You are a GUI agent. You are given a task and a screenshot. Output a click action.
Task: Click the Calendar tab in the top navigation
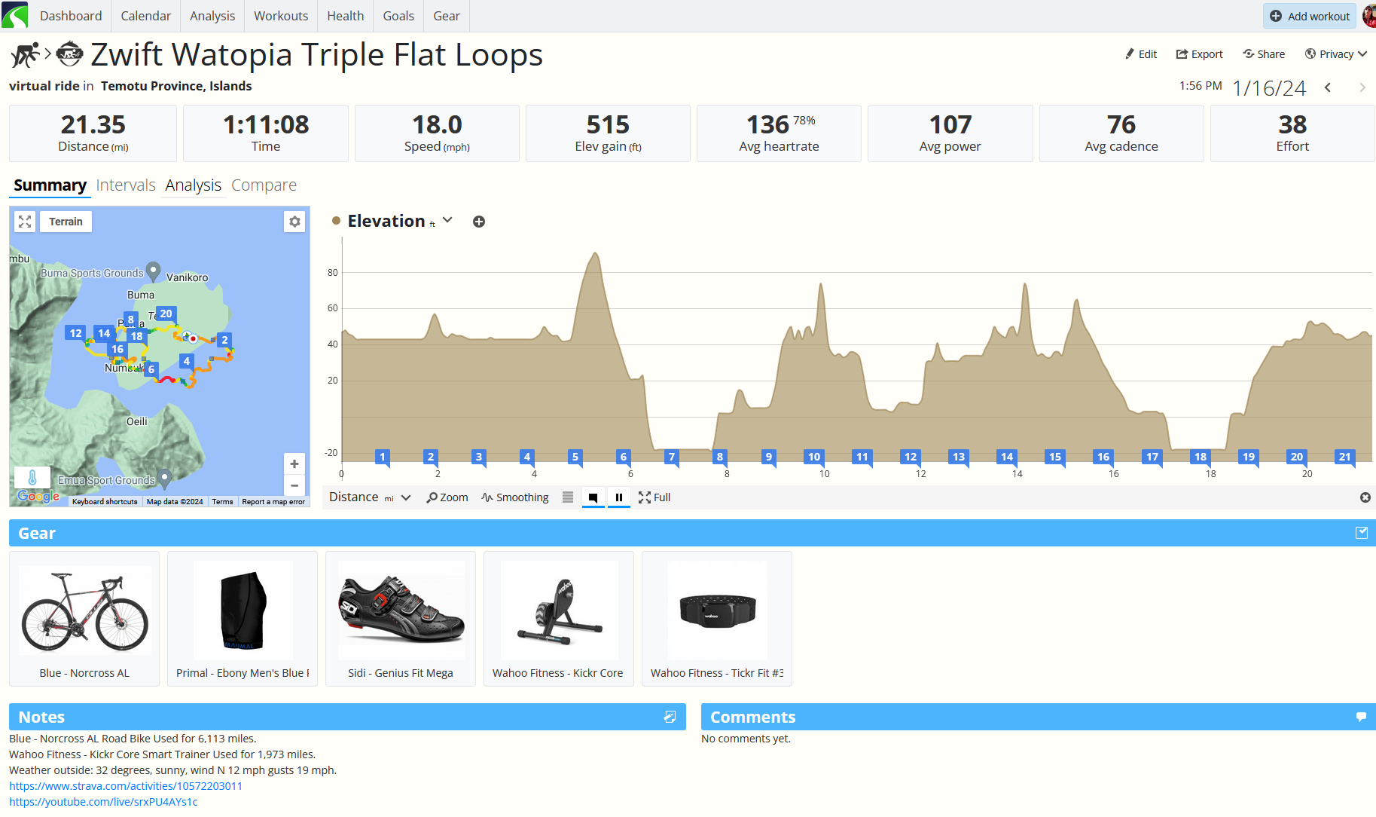pyautogui.click(x=145, y=16)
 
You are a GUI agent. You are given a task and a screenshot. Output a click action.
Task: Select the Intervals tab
pyautogui.click(x=126, y=185)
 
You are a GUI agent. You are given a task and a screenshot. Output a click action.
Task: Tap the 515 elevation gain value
pyautogui.click(x=608, y=124)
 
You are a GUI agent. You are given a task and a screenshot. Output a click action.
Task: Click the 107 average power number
pyautogui.click(x=950, y=124)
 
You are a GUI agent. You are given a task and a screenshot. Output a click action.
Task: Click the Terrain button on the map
pyautogui.click(x=66, y=222)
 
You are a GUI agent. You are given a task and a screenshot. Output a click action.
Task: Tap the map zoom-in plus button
pyautogui.click(x=294, y=464)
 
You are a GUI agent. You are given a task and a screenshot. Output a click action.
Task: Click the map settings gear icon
pyautogui.click(x=294, y=222)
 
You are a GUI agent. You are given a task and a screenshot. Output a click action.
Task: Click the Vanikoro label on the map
pyautogui.click(x=187, y=277)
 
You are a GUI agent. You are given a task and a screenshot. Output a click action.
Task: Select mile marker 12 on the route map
pyautogui.click(x=75, y=333)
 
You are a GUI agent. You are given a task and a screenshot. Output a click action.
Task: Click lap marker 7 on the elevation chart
pyautogui.click(x=672, y=457)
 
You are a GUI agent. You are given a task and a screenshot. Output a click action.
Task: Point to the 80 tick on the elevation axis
pyautogui.click(x=333, y=273)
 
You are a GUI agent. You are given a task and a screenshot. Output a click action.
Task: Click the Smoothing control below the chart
pyautogui.click(x=515, y=497)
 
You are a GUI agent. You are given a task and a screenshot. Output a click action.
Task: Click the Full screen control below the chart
pyautogui.click(x=654, y=497)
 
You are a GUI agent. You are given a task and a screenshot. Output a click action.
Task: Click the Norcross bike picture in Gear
pyautogui.click(x=84, y=610)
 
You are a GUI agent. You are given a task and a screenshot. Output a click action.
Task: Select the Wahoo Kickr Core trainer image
pyautogui.click(x=559, y=610)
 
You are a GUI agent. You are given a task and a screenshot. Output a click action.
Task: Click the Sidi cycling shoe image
pyautogui.click(x=401, y=610)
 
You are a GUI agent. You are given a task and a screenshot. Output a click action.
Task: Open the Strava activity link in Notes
pyautogui.click(x=126, y=786)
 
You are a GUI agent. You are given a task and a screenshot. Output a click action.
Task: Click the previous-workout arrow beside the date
pyautogui.click(x=1328, y=88)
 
